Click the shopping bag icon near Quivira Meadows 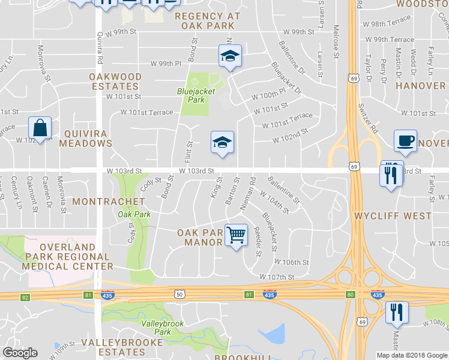click(40, 128)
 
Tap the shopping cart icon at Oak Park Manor click(237, 235)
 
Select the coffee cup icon click(405, 141)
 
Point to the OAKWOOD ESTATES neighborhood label click(116, 82)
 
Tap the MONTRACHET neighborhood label click(108, 202)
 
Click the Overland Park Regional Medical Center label click(68, 256)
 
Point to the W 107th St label click(277, 277)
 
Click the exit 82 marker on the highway click(25, 297)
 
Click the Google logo click(20, 353)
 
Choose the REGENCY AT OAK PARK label click(208, 20)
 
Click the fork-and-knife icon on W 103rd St click(390, 175)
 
